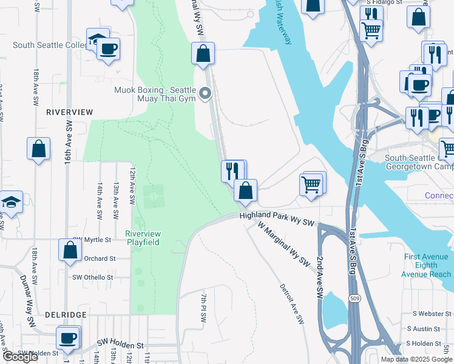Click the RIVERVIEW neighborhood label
70,112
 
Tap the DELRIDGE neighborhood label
66,315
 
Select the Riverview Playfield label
143,238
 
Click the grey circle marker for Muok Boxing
205,93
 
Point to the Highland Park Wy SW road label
277,219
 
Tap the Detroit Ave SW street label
291,305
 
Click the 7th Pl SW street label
203,309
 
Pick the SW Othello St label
93,277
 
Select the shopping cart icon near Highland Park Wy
311,183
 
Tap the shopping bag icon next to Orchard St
70,249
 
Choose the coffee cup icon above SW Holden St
68,337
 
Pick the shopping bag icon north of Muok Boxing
203,53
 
